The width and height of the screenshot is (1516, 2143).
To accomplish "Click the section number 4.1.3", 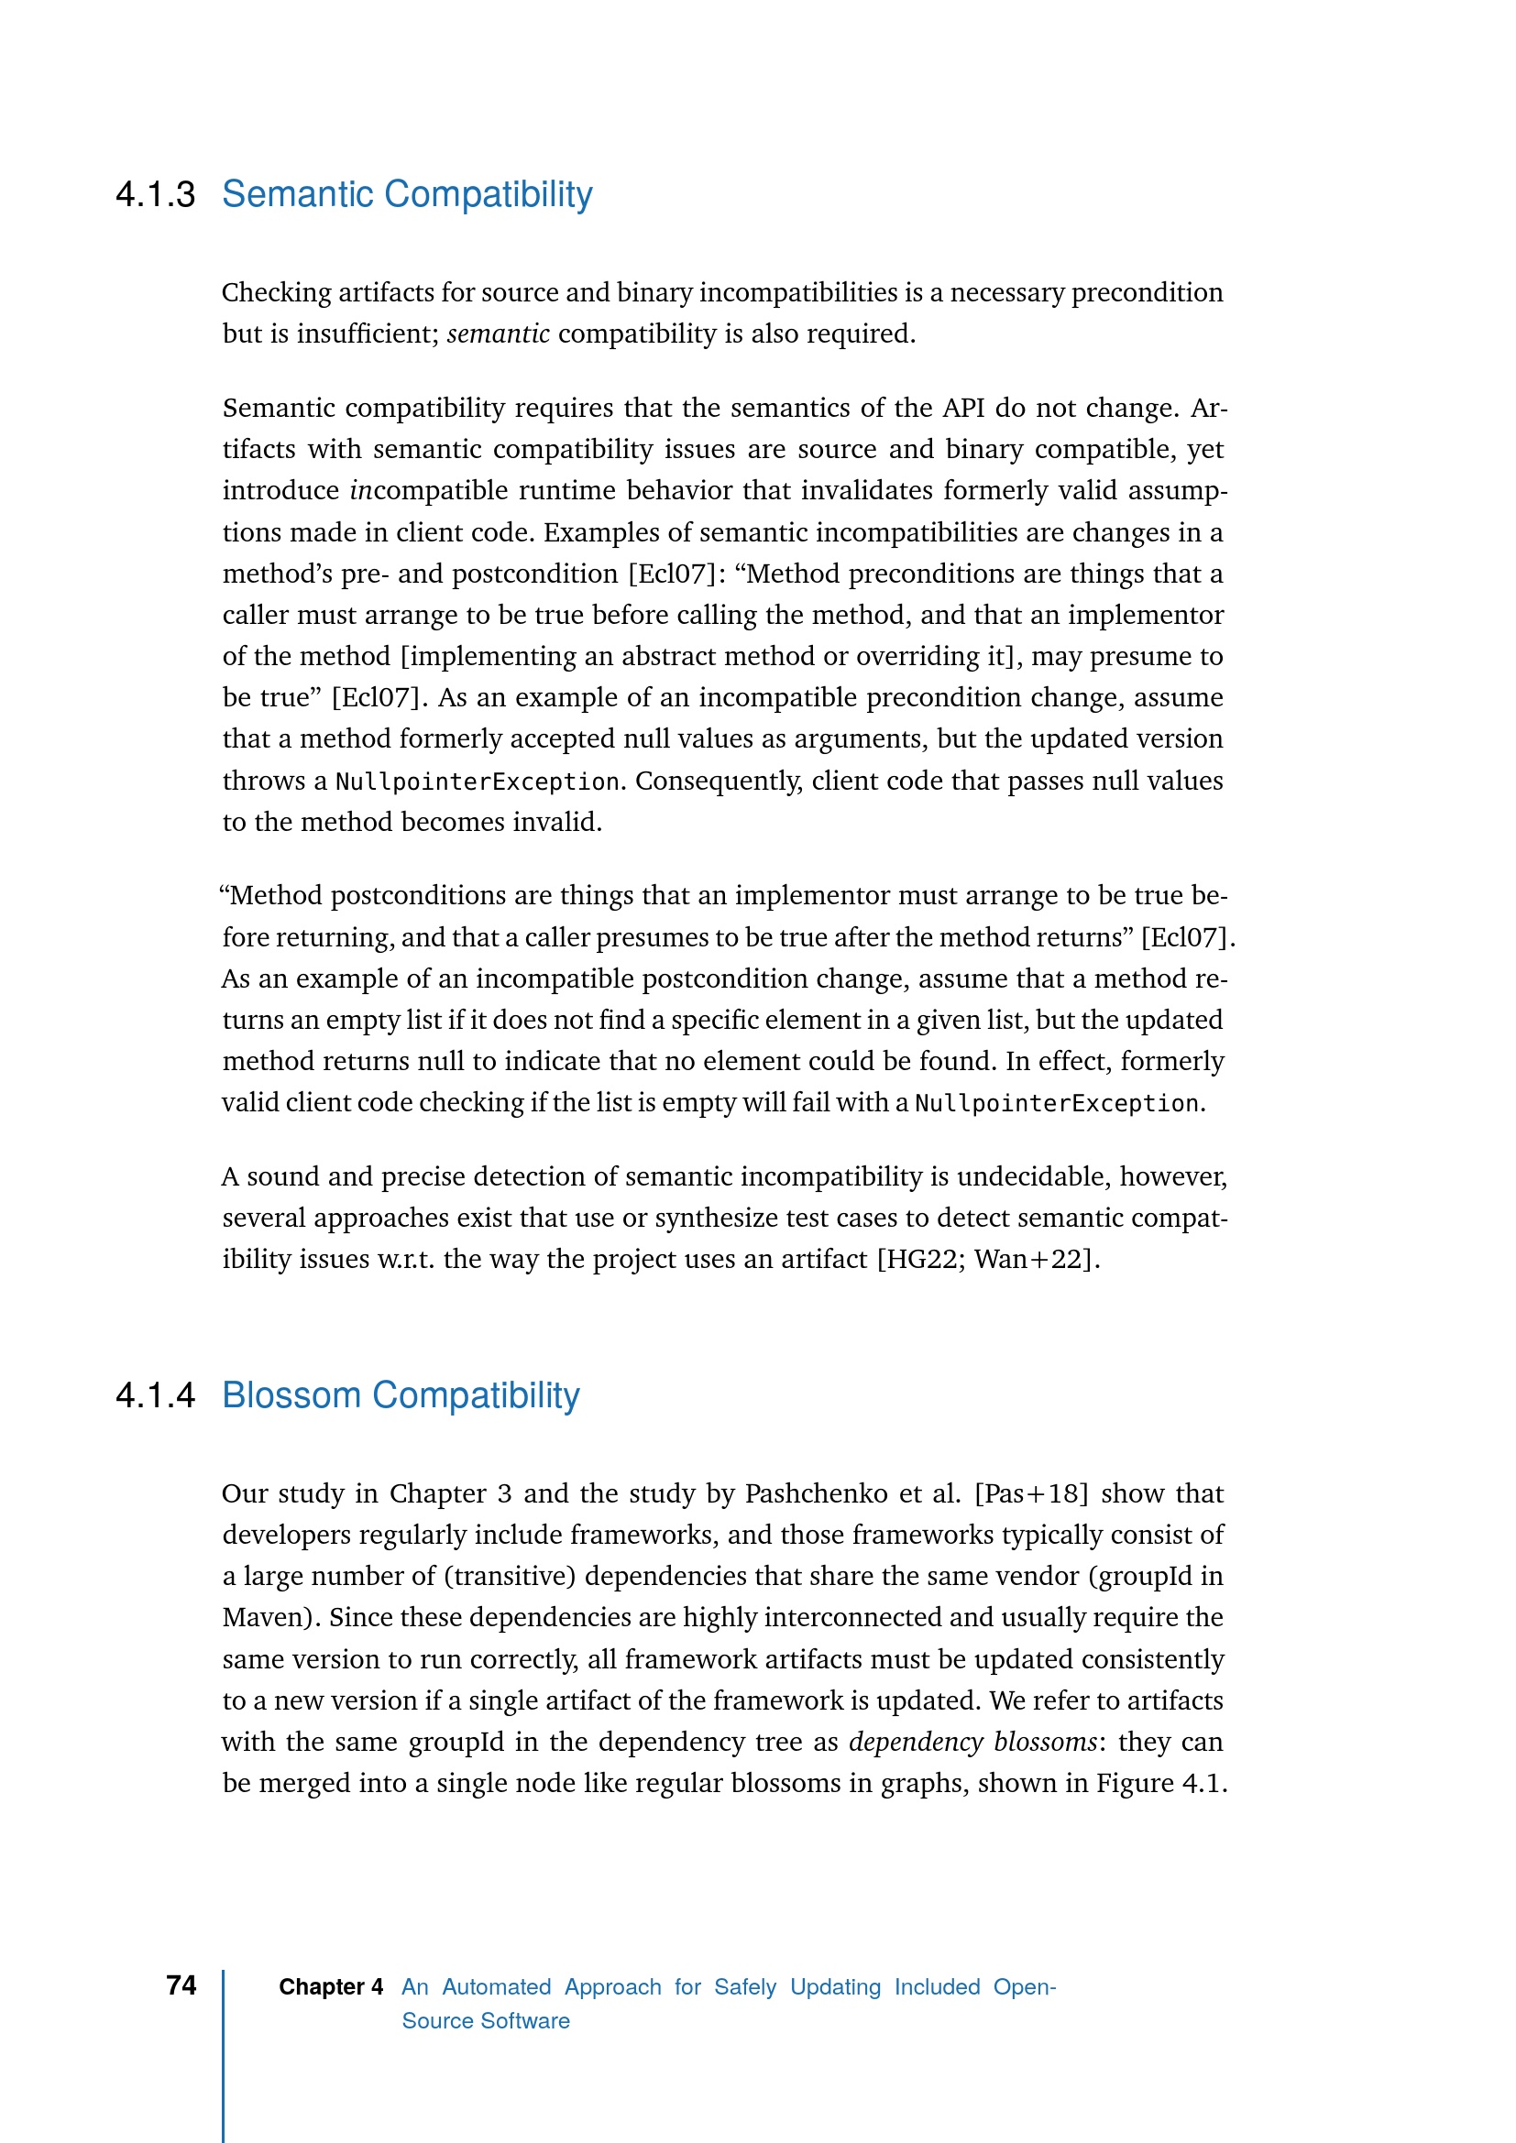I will click(155, 195).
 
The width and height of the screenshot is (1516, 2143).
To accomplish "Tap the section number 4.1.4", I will click(155, 1396).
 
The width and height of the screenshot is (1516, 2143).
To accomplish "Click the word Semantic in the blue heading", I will click(297, 195).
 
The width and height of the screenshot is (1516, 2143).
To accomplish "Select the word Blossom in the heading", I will click(291, 1396).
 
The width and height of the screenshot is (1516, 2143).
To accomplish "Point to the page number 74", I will click(181, 1985).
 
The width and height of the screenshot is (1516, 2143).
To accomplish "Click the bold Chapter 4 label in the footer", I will click(331, 1987).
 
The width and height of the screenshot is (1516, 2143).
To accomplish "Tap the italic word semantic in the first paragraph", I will click(498, 334).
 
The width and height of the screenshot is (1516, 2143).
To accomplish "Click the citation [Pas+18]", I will click(1030, 1494).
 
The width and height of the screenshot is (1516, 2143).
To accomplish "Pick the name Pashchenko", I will click(816, 1494).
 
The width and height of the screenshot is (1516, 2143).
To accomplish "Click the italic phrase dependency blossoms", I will click(972, 1743).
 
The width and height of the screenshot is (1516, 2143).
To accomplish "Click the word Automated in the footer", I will click(497, 1987).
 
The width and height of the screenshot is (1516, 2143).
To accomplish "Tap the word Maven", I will click(266, 1617).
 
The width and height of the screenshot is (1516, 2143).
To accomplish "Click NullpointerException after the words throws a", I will click(477, 782).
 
